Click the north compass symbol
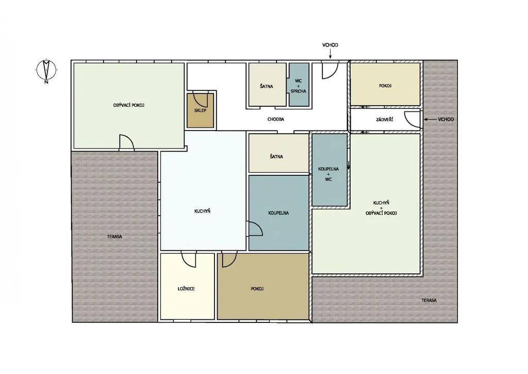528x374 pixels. pyautogui.click(x=46, y=71)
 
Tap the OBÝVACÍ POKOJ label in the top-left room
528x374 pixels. pyautogui.click(x=129, y=105)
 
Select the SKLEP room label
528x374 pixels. pyautogui.click(x=201, y=110)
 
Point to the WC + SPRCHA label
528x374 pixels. pyautogui.click(x=299, y=86)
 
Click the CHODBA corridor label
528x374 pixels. pyautogui.click(x=276, y=119)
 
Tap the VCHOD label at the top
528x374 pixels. pyautogui.click(x=330, y=45)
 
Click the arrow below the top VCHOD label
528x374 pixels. pyautogui.click(x=330, y=54)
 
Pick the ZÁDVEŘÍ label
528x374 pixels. pyautogui.click(x=385, y=119)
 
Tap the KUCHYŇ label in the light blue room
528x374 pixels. pyautogui.click(x=202, y=212)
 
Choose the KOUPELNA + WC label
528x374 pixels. pyautogui.click(x=328, y=174)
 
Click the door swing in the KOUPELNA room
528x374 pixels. pyautogui.click(x=255, y=229)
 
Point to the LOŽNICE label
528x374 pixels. pyautogui.click(x=186, y=289)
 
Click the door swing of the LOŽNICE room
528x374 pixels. pyautogui.click(x=189, y=259)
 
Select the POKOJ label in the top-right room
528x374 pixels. pyautogui.click(x=385, y=86)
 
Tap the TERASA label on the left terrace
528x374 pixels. pyautogui.click(x=114, y=237)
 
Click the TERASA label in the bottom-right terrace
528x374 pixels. pyautogui.click(x=429, y=300)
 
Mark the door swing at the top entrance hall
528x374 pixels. pyautogui.click(x=330, y=71)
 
